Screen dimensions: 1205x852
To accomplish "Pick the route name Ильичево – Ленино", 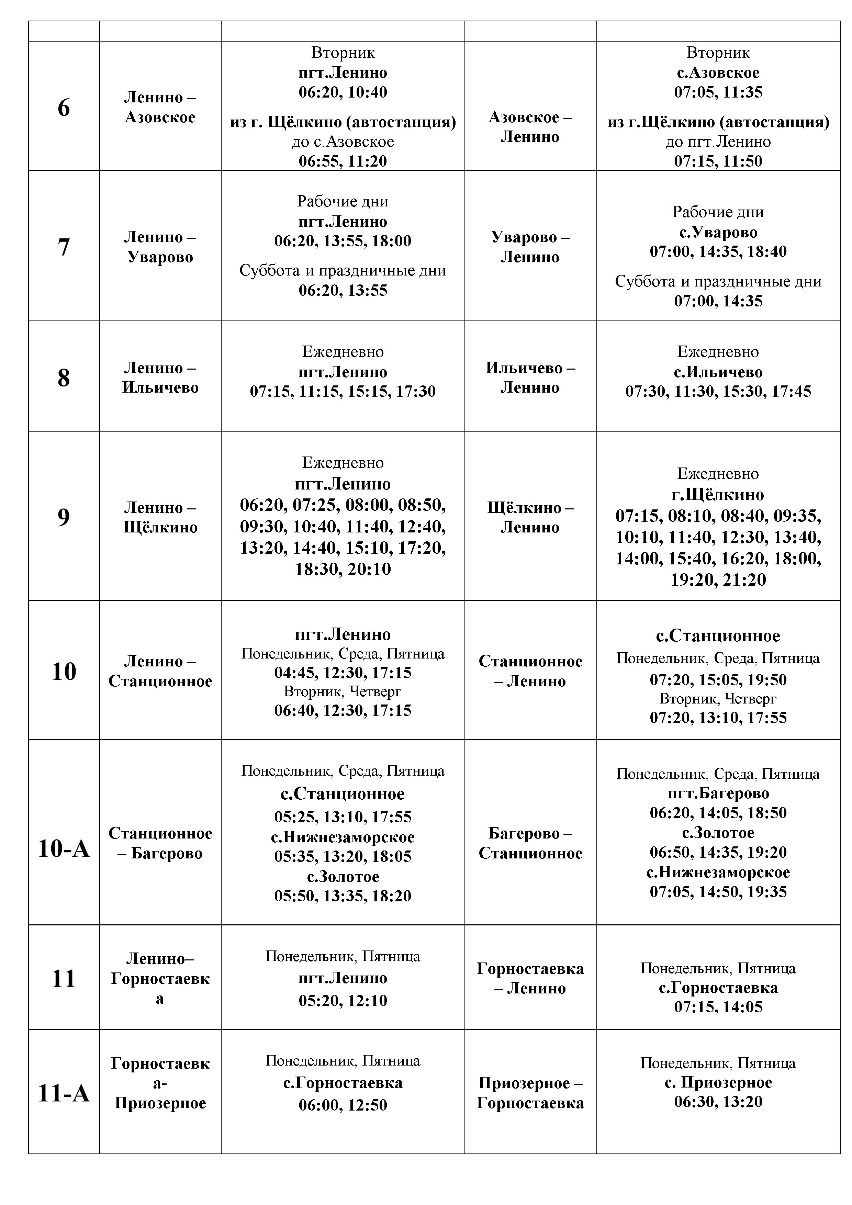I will pos(530,378).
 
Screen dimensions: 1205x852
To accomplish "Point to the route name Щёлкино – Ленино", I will pos(530,517).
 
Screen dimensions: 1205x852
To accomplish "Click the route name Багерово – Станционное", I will pos(530,843).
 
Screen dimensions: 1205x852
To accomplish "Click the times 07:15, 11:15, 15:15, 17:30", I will pos(343,392).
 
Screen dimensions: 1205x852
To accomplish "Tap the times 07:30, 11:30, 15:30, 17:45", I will pos(718,392).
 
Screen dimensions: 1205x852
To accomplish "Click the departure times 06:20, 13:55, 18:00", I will pos(343,241).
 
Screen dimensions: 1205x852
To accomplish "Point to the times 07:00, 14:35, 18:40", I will pos(718,252).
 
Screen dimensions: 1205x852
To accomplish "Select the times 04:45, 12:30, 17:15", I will pos(343,673).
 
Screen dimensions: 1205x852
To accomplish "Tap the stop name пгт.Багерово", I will pos(718,793).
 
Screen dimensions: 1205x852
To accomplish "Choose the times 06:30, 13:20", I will pos(718,1102).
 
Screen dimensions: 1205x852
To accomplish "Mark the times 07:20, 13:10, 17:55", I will pos(718,718).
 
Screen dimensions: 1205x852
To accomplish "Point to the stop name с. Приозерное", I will pos(718,1082).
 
